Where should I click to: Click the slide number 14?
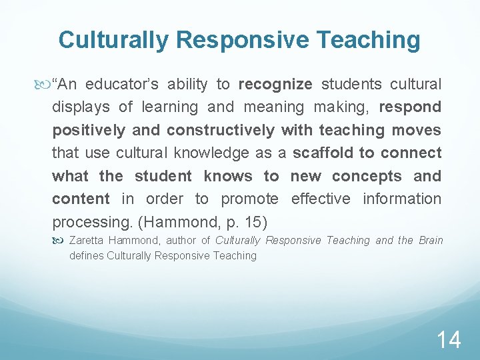pyautogui.click(x=449, y=339)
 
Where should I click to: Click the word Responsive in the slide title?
pyautogui.click(x=245, y=40)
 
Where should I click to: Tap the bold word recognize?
pyautogui.click(x=275, y=84)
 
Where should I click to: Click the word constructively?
pyautogui.click(x=220, y=130)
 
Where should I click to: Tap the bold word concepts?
pyautogui.click(x=367, y=176)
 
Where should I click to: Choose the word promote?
pyautogui.click(x=249, y=199)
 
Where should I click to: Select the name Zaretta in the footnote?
pyautogui.click(x=85, y=240)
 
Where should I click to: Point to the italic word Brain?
pyautogui.click(x=430, y=240)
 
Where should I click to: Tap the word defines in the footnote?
pyautogui.click(x=86, y=255)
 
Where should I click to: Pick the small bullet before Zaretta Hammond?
pyautogui.click(x=63, y=240)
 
